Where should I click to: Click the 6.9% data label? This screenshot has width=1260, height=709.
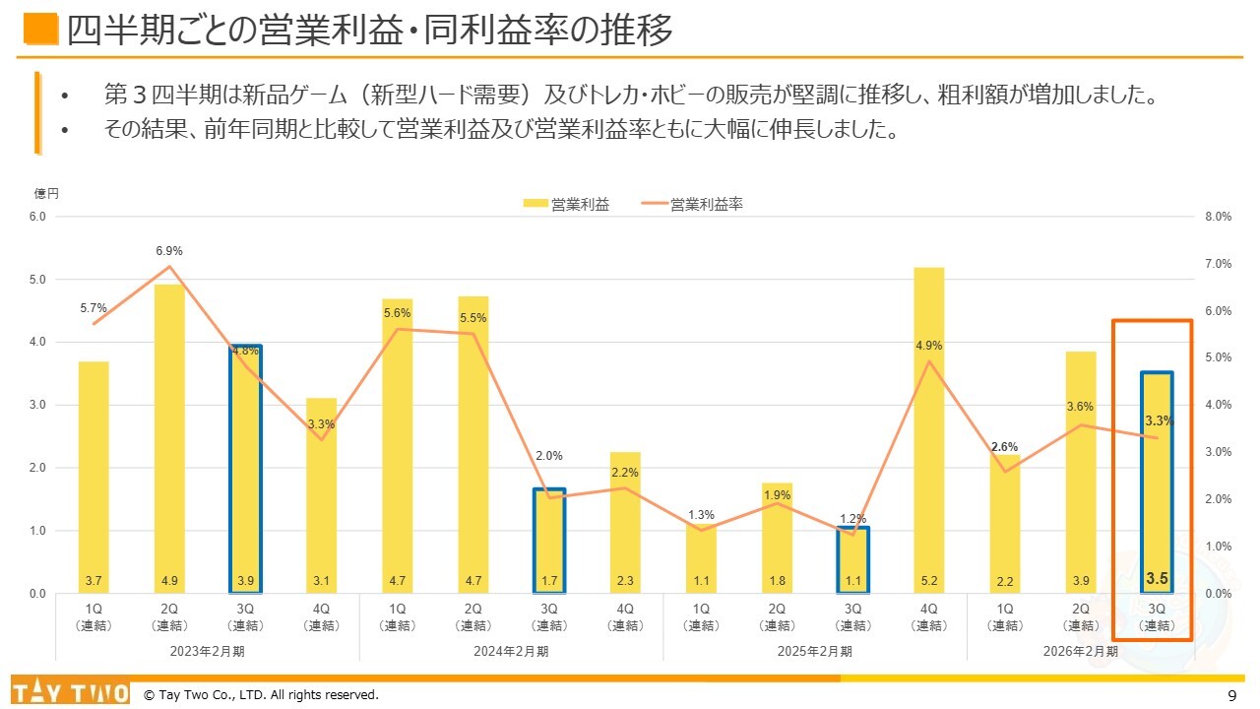pyautogui.click(x=169, y=251)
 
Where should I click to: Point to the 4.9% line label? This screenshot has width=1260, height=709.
pyautogui.click(x=928, y=346)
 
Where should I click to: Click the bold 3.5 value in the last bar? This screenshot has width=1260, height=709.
pyautogui.click(x=1157, y=578)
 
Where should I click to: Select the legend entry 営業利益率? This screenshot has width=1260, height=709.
pyautogui.click(x=706, y=205)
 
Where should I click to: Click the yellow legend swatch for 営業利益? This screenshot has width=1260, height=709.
pyautogui.click(x=535, y=205)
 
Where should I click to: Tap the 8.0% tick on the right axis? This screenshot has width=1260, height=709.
pyautogui.click(x=1218, y=217)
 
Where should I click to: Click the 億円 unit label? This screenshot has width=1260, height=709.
pyautogui.click(x=46, y=194)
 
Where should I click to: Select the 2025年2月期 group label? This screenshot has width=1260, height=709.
pyautogui.click(x=814, y=651)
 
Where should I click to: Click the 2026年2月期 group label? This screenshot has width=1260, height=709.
pyautogui.click(x=1080, y=651)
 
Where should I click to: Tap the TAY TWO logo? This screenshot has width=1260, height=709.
pyautogui.click(x=70, y=692)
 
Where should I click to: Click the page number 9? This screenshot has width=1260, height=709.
pyautogui.click(x=1232, y=695)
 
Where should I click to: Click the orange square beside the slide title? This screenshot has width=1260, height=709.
pyautogui.click(x=40, y=31)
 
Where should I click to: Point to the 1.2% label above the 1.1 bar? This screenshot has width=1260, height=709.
pyautogui.click(x=852, y=518)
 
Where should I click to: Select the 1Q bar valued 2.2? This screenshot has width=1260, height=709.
pyautogui.click(x=1004, y=523)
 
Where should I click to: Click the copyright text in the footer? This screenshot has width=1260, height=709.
pyautogui.click(x=261, y=695)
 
